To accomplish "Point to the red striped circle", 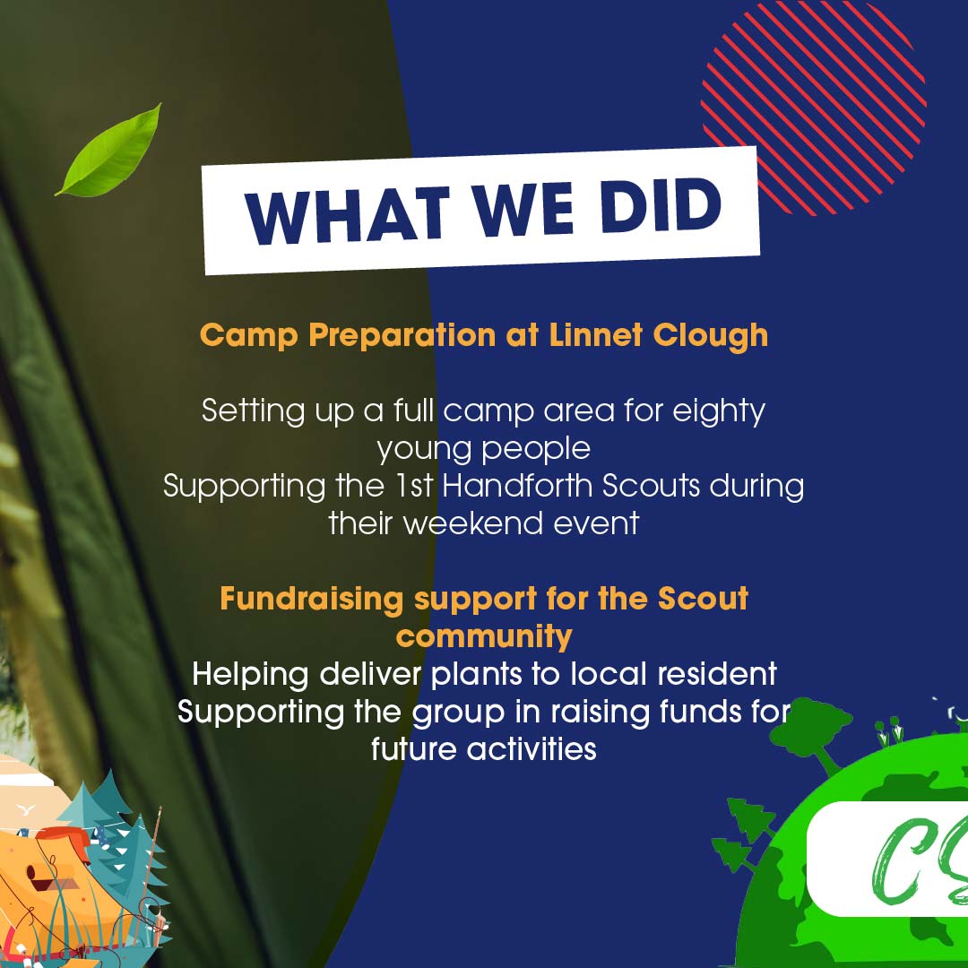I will [x=812, y=108].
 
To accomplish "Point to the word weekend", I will [x=462, y=523].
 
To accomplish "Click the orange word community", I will [x=484, y=635].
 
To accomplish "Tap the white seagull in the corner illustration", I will [x=27, y=809].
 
